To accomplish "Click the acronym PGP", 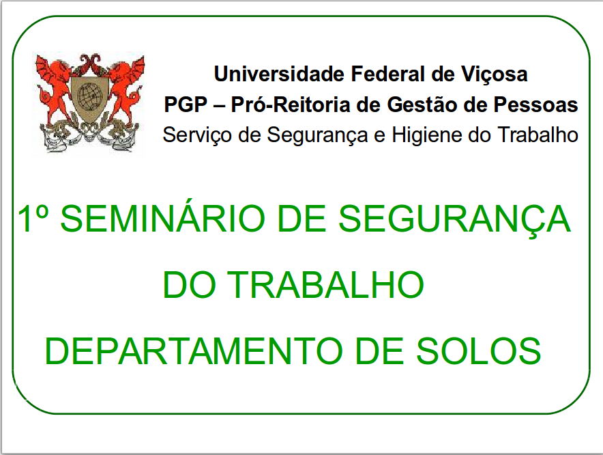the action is pos(186,105).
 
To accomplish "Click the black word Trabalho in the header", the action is pos(538,135).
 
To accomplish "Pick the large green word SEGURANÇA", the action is pos(454,219).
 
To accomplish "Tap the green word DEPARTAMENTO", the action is pos(194,351).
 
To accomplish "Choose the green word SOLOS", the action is pos(479,351).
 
